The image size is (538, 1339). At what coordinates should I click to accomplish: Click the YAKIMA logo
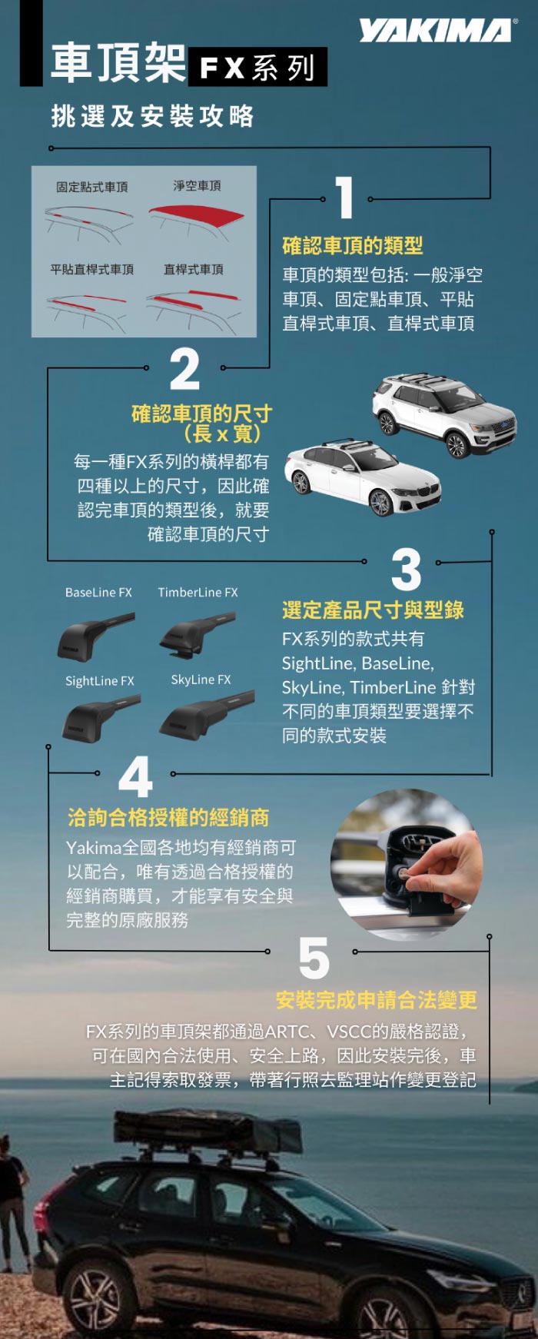[x=436, y=31]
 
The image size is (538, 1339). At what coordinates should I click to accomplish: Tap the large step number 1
[x=345, y=198]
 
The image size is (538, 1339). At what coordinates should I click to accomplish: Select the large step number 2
[x=184, y=369]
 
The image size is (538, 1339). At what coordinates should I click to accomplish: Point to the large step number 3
[x=406, y=568]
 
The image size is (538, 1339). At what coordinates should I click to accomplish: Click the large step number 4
[x=135, y=776]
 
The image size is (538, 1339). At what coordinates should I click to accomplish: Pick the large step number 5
[x=314, y=958]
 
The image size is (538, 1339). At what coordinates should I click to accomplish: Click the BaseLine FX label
[x=98, y=593]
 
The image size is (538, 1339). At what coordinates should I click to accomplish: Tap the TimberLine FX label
[x=198, y=593]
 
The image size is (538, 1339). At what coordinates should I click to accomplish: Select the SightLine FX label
[x=99, y=681]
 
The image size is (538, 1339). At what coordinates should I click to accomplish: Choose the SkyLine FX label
[x=201, y=679]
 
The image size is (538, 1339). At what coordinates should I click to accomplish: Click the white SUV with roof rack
[x=443, y=415]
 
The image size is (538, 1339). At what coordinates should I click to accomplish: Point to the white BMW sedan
[x=363, y=478]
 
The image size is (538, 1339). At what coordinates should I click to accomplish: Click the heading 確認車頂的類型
[x=353, y=245]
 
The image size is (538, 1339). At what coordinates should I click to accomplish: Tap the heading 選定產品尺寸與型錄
[x=374, y=610]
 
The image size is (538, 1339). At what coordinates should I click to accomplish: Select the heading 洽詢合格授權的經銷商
[x=168, y=817]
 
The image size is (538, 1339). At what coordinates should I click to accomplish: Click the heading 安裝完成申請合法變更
[x=377, y=999]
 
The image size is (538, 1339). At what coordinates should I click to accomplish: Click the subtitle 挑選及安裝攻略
[x=152, y=116]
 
